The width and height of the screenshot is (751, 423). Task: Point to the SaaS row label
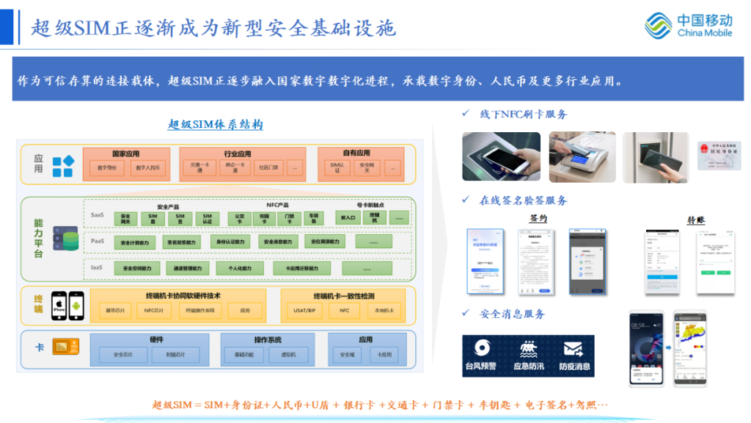coord(97,215)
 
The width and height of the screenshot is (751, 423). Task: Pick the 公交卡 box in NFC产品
coord(239,218)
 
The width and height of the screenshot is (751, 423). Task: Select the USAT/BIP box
coord(304,311)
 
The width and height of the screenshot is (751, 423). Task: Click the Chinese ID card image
coord(719,156)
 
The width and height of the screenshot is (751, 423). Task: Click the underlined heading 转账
coord(696,220)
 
